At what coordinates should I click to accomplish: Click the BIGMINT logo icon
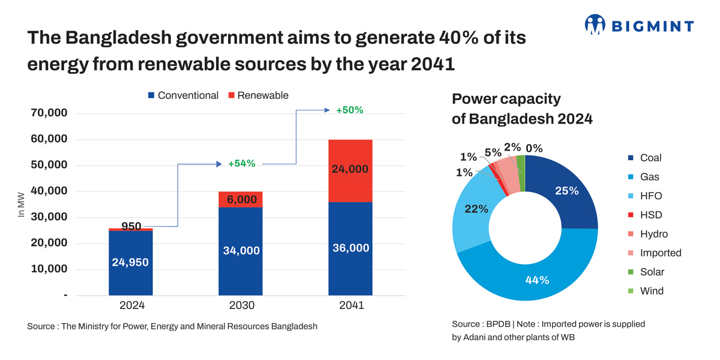point(595,25)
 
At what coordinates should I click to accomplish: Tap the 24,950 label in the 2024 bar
point(130,262)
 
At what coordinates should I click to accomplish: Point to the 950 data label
point(131,226)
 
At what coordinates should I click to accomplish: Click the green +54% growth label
point(242,163)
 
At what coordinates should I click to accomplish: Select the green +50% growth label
point(349,110)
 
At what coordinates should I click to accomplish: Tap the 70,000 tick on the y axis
point(49,113)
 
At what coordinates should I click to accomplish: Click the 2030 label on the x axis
point(241,305)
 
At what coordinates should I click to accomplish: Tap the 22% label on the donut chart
point(477,209)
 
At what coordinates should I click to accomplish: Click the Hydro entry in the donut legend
point(653,234)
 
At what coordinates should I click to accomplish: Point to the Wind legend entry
point(651,291)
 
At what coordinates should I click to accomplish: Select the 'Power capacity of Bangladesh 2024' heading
point(521,109)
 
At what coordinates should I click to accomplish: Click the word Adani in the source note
point(476,337)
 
